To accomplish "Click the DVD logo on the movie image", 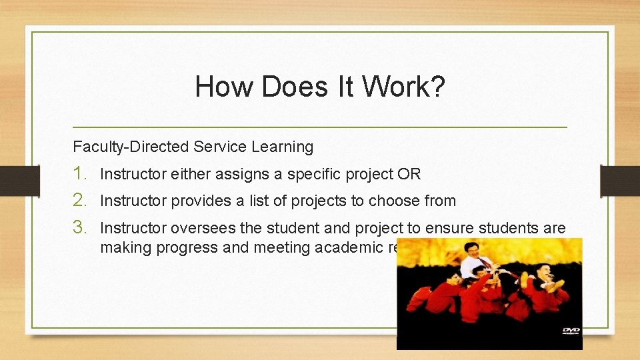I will click(x=571, y=330).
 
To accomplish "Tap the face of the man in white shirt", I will click(x=475, y=251).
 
